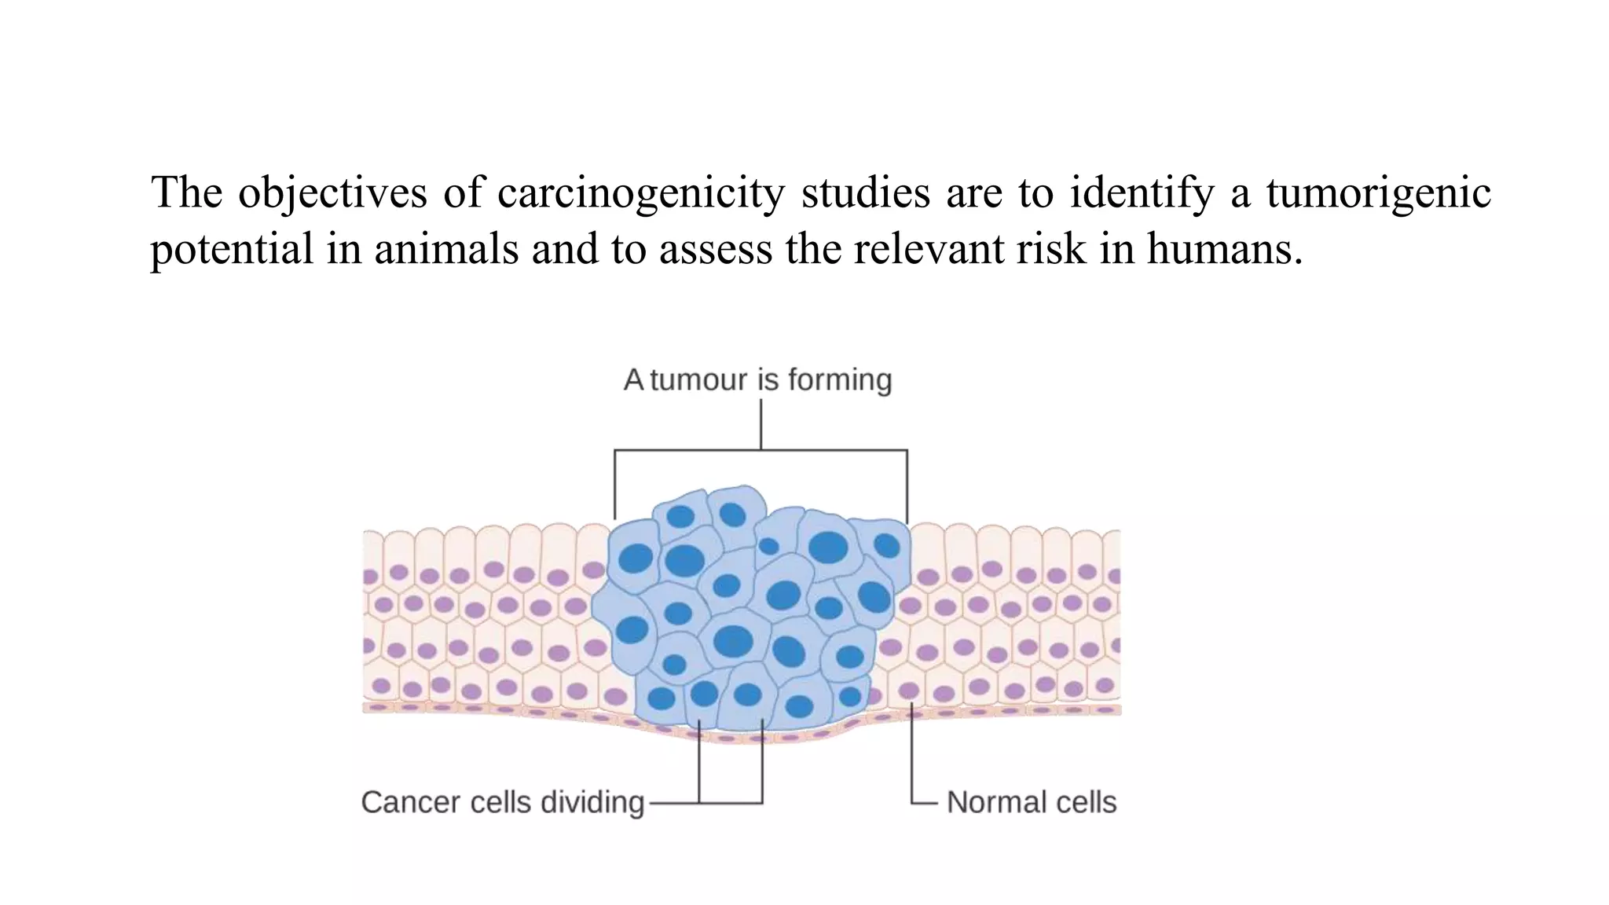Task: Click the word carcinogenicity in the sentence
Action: (640, 192)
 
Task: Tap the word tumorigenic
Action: (1378, 192)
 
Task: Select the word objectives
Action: (332, 192)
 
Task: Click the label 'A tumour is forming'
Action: (757, 380)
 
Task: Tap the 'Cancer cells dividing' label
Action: (502, 802)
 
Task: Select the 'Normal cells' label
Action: (1031, 802)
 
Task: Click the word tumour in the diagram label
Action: (698, 380)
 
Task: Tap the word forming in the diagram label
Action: (840, 380)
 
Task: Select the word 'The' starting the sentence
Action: (186, 192)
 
